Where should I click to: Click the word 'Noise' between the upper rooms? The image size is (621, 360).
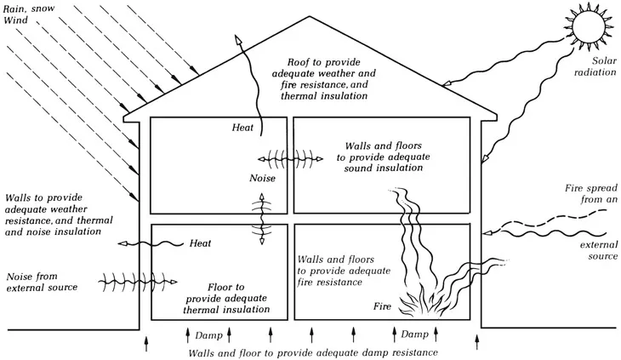pyautogui.click(x=263, y=180)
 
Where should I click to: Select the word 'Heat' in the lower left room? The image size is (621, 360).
pyautogui.click(x=201, y=243)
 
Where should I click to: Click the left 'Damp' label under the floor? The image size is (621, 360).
pyautogui.click(x=208, y=335)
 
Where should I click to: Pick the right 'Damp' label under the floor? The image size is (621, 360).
pyautogui.click(x=414, y=335)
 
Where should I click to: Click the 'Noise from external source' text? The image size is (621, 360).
pyautogui.click(x=42, y=282)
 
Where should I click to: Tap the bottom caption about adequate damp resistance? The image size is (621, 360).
pyautogui.click(x=314, y=352)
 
